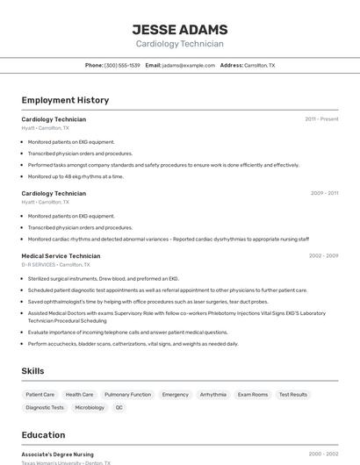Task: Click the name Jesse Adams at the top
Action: [x=179, y=30]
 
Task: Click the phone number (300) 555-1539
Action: [x=122, y=65]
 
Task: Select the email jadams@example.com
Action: [x=188, y=65]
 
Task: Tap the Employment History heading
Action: [x=65, y=100]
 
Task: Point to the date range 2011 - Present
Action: [x=321, y=119]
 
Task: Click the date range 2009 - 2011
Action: [x=324, y=193]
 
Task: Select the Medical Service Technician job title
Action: [x=61, y=256]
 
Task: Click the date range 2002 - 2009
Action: [x=323, y=256]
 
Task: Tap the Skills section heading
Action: [x=32, y=371]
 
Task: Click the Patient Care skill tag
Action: [x=40, y=395]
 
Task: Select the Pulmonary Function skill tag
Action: [x=127, y=395]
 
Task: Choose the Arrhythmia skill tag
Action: [x=212, y=395]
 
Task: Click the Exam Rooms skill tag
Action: [x=253, y=395]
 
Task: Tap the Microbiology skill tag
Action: [x=90, y=407]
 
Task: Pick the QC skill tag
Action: [x=119, y=407]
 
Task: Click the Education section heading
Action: [x=43, y=435]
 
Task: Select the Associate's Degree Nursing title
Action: [x=58, y=454]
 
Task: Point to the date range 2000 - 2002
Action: [x=323, y=454]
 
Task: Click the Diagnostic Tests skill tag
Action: [x=45, y=407]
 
